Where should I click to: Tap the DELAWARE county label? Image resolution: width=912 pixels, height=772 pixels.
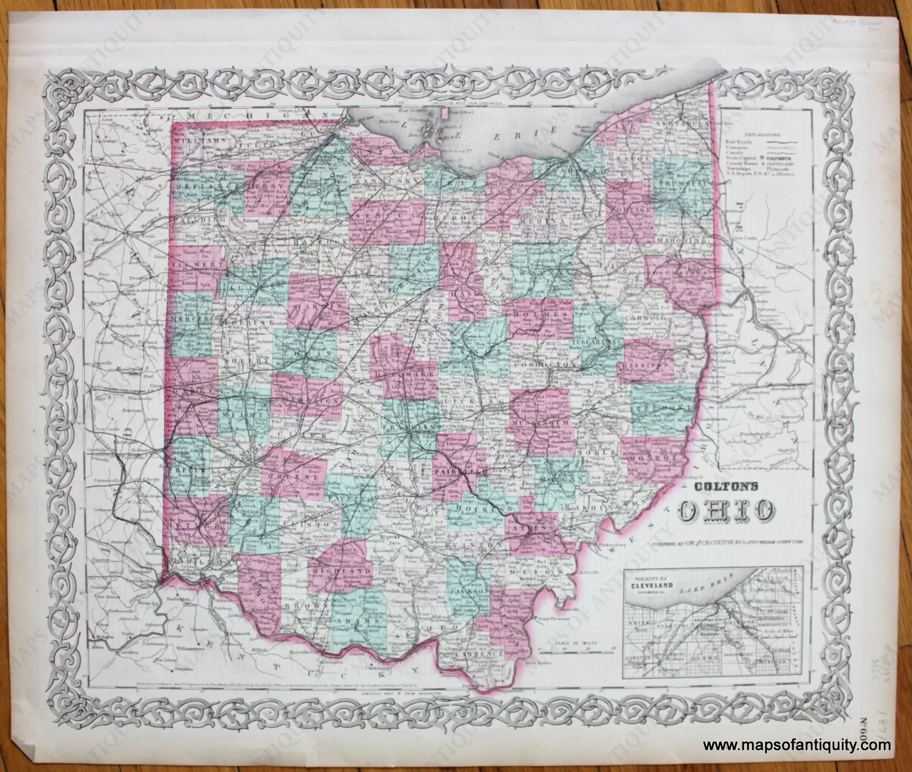click(x=403, y=375)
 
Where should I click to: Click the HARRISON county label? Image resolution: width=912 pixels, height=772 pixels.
click(x=646, y=364)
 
